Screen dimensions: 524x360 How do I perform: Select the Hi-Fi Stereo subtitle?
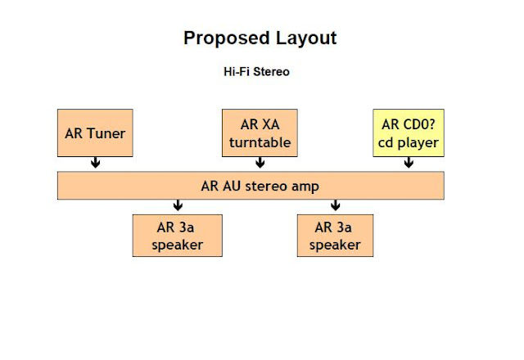(x=256, y=71)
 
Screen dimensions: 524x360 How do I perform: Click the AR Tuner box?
(x=95, y=133)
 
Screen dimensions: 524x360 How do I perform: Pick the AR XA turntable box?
(x=260, y=133)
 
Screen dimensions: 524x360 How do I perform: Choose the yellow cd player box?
(x=409, y=133)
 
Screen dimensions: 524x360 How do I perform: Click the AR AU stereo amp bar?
(x=251, y=186)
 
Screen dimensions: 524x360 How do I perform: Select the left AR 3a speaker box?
(x=178, y=236)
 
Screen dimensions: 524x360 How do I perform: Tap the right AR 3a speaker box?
(x=335, y=236)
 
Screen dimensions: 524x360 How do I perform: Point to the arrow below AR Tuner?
(x=96, y=162)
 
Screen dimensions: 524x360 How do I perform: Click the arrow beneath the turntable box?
(x=260, y=162)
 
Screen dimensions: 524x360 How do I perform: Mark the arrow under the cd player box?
(x=409, y=162)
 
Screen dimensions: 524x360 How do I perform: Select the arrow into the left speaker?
(x=178, y=205)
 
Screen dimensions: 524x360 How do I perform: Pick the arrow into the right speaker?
(x=336, y=205)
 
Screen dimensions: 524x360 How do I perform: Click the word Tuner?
(x=106, y=133)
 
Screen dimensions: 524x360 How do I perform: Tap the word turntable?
(x=260, y=142)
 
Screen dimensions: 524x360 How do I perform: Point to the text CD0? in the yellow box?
(x=419, y=124)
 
